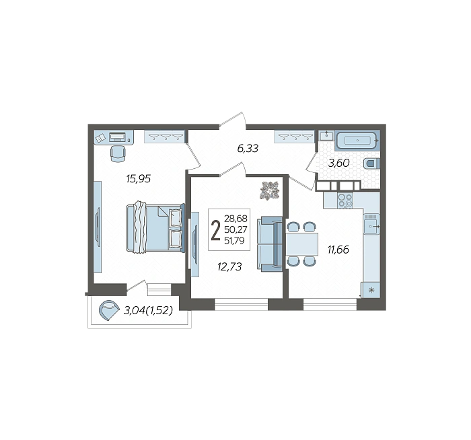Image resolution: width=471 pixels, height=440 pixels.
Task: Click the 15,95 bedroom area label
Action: click(139, 179)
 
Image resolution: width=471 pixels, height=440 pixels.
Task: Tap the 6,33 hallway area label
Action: click(248, 149)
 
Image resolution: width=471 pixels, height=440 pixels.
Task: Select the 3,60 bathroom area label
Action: click(339, 163)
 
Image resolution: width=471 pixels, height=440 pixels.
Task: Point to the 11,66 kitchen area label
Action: click(338, 250)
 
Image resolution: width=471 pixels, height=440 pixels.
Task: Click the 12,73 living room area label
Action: click(230, 266)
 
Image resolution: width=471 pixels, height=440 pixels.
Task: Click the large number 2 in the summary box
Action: click(216, 230)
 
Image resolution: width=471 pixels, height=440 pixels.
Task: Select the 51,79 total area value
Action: click(234, 241)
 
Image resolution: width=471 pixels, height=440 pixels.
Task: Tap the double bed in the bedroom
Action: click(155, 227)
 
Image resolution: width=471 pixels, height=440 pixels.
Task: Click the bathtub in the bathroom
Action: click(357, 140)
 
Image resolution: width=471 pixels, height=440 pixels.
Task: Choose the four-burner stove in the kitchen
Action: click(345, 200)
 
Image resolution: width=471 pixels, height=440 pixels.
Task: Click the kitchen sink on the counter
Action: click(371, 223)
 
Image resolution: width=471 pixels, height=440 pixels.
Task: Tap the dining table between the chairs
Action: click(302, 244)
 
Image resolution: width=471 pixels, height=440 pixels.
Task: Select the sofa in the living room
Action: click(269, 244)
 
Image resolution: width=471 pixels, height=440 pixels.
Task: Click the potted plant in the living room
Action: click(270, 190)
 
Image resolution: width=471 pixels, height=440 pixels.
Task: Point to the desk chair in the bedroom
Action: click(118, 153)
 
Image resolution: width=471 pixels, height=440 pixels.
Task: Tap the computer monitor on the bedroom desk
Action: click(118, 137)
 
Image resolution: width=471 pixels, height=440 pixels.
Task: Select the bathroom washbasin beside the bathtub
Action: click(326, 136)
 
